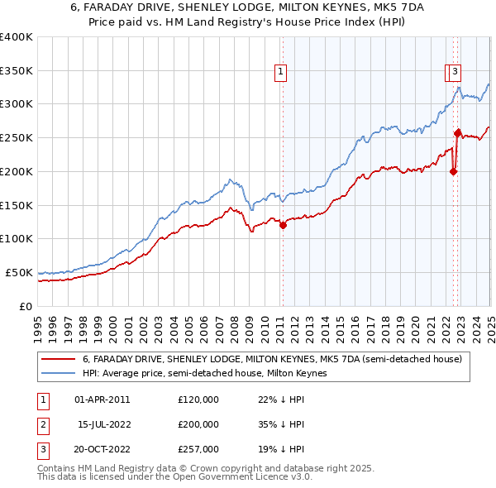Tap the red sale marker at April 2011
[283, 224]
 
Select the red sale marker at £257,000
[457, 132]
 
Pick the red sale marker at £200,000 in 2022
[453, 171]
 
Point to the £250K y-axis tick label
[17, 137]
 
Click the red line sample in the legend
[60, 360]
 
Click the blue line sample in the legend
[60, 373]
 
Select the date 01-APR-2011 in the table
[103, 399]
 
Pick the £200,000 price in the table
[198, 424]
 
